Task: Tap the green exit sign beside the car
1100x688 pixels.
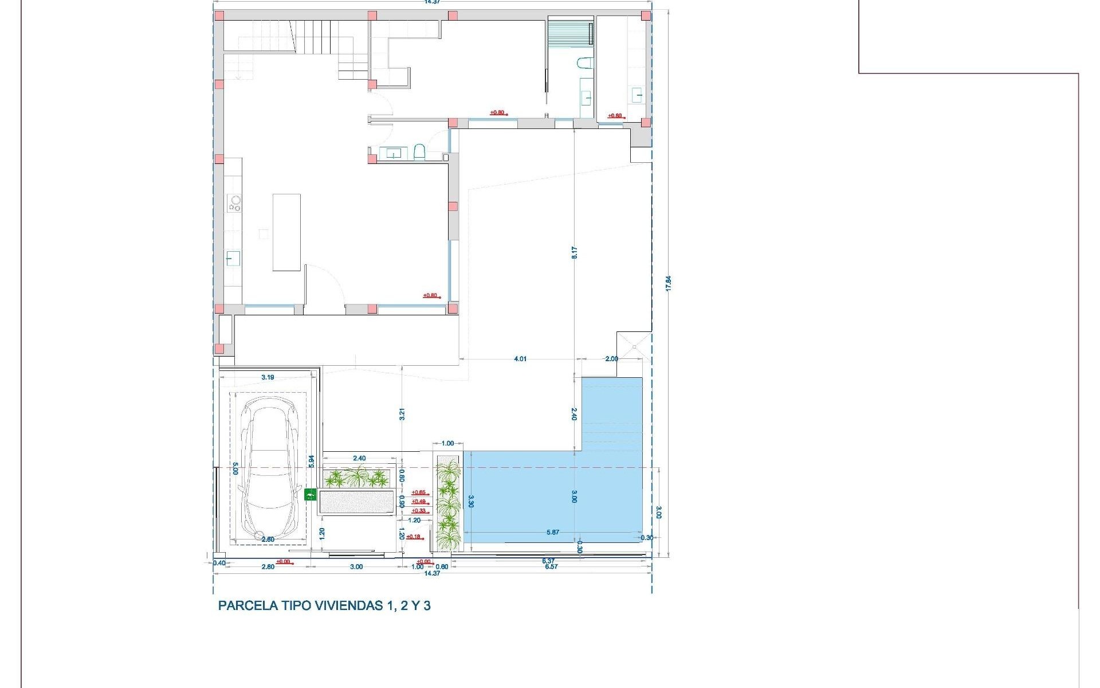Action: point(310,494)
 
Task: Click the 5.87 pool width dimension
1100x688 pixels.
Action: point(552,533)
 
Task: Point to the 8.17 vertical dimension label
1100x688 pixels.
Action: point(575,252)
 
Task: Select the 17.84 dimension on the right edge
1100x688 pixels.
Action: point(668,284)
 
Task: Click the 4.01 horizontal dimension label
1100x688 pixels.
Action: point(520,359)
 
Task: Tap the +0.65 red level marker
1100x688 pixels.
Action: point(419,492)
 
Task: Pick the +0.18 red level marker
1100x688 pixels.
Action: point(414,537)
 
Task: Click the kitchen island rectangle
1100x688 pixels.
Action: point(286,232)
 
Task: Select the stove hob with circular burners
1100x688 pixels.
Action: point(234,204)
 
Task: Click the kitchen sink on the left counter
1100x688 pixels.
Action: point(233,259)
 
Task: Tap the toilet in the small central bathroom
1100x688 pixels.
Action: point(419,152)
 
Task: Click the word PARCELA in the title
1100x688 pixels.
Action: point(247,605)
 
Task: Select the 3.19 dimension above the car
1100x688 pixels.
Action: point(268,377)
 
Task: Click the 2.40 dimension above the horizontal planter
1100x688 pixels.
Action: point(359,458)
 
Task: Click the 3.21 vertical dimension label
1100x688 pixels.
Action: point(402,413)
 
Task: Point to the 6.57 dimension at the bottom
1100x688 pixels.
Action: point(551,566)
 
